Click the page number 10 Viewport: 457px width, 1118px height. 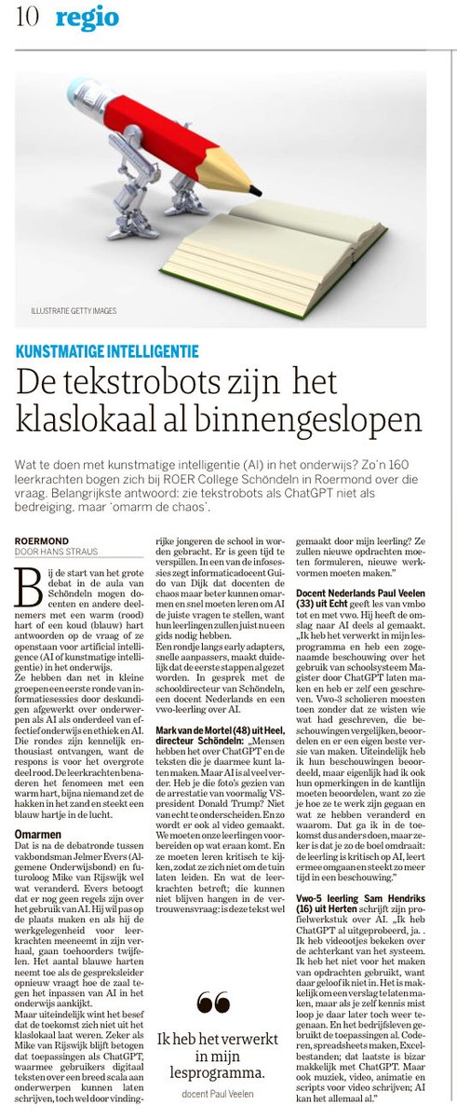[x=26, y=18]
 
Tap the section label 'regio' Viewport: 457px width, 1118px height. [x=87, y=17]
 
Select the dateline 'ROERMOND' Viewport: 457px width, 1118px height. [x=40, y=539]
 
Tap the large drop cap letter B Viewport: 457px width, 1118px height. [x=29, y=579]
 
